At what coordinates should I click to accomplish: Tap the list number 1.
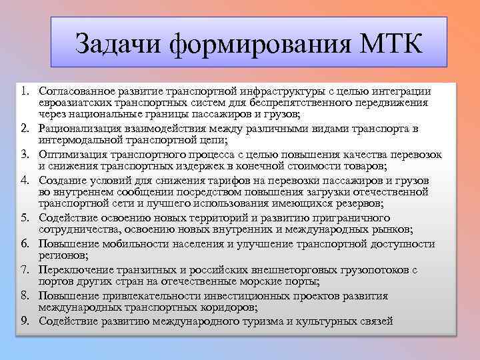click(x=25, y=91)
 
